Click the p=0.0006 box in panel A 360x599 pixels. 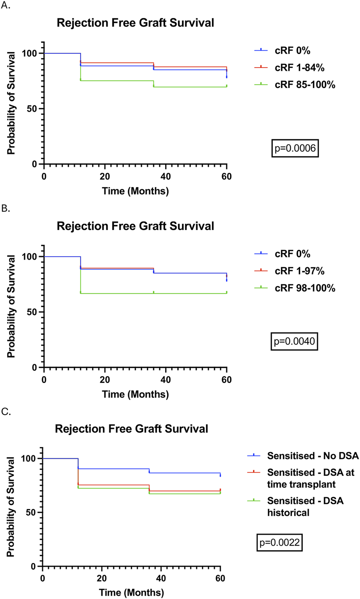(x=295, y=148)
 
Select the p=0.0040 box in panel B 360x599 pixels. (x=294, y=341)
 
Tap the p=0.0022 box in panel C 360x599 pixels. (x=280, y=542)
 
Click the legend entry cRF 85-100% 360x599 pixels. (x=305, y=84)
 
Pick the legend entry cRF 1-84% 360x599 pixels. (x=299, y=67)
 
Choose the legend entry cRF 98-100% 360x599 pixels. (x=305, y=288)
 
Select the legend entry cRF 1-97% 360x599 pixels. (x=299, y=271)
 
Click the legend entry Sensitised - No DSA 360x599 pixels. (x=313, y=455)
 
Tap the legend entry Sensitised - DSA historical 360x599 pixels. (x=305, y=506)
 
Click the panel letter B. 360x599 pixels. (x=6, y=208)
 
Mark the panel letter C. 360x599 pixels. (x=6, y=412)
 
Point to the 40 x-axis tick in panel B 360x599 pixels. (x=166, y=380)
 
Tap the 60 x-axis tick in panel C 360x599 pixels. (x=220, y=578)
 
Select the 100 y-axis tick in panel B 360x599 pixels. (x=29, y=257)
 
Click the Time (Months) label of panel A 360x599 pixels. (x=135, y=191)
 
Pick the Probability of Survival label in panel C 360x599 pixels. (x=10, y=507)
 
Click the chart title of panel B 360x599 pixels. (x=135, y=226)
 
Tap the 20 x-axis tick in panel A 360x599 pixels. (x=105, y=177)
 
